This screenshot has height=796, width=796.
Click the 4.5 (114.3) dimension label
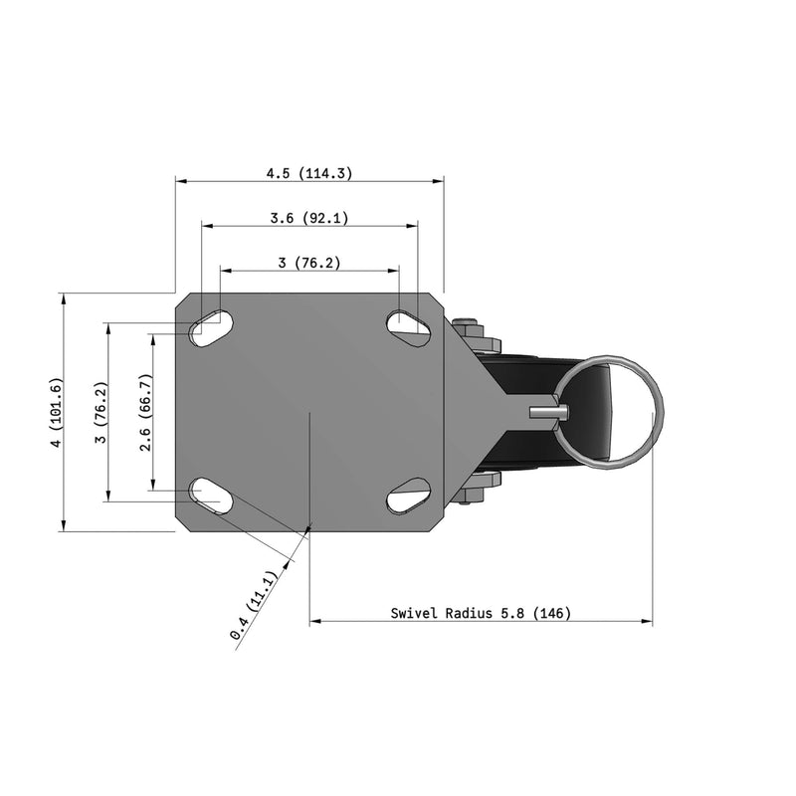[x=308, y=173]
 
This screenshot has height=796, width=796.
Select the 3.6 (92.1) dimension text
[x=308, y=218]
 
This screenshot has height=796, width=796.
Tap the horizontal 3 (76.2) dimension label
[x=308, y=263]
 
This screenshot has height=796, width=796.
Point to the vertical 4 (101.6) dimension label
[x=56, y=412]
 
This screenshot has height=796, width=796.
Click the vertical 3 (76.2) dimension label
[x=99, y=412]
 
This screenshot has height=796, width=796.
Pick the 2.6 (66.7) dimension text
[x=145, y=412]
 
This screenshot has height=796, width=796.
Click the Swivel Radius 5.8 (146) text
[x=481, y=613]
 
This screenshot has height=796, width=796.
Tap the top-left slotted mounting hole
[x=211, y=326]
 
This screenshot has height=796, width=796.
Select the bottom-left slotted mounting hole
[x=211, y=495]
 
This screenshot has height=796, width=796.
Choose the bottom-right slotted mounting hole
[x=408, y=495]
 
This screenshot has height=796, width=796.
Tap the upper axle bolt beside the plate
[x=467, y=330]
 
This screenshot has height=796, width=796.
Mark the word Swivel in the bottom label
[x=413, y=613]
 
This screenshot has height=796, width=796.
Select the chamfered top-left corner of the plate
[x=183, y=300]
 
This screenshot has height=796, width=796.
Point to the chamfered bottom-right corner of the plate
[x=437, y=523]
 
